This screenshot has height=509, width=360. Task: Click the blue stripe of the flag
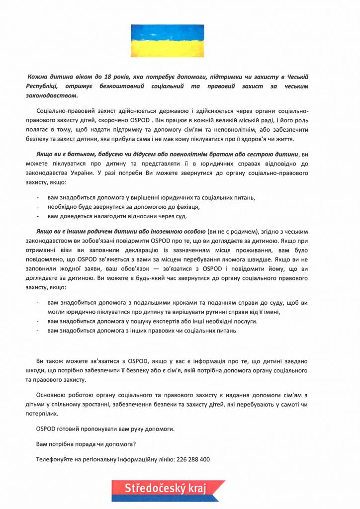(168, 32)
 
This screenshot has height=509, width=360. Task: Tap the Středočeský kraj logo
(168, 489)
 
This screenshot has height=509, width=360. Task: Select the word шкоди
(45, 371)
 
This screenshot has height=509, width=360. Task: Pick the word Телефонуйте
(54, 460)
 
